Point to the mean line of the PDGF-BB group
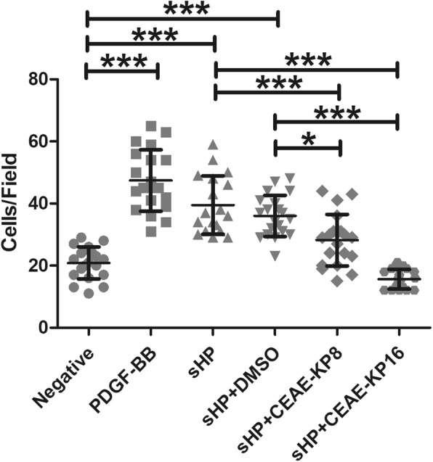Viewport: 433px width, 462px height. (x=151, y=180)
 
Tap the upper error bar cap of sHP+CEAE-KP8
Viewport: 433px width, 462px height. (x=337, y=214)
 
